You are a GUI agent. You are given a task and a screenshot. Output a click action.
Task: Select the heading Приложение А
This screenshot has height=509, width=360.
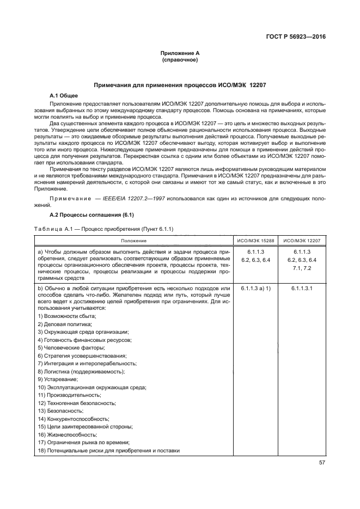(180, 53)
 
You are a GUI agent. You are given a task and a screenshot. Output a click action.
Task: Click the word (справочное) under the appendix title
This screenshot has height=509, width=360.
(180, 60)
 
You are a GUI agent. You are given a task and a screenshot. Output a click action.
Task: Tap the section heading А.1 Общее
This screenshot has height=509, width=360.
(64, 96)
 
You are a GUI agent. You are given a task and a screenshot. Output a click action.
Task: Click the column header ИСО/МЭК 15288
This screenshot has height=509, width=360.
(255, 240)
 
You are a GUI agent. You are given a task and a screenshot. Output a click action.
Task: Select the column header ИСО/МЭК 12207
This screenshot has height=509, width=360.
(302, 240)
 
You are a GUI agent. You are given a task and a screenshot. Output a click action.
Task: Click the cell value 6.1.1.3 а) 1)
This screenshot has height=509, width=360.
(255, 287)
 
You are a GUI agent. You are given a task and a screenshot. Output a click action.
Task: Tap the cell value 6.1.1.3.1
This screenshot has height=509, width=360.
(302, 287)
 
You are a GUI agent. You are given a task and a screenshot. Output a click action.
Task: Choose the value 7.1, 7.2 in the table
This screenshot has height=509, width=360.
(302, 268)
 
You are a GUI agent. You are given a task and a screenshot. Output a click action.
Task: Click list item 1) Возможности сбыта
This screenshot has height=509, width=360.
(67, 316)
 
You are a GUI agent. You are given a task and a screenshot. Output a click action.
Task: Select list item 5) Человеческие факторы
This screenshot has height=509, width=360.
(71, 347)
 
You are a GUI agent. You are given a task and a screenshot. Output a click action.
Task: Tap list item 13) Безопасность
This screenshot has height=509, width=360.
(64, 410)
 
